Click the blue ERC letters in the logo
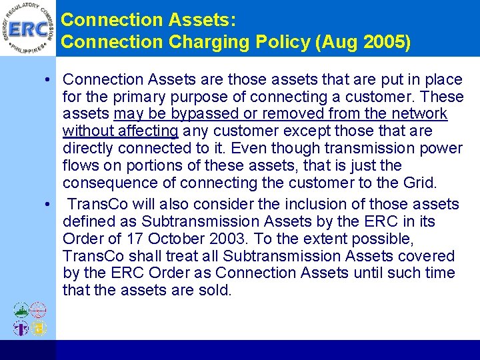tap(29, 28)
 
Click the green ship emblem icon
tap(21, 310)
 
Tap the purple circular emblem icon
tap(21, 327)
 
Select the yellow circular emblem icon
tap(39, 327)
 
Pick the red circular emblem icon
tap(39, 310)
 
